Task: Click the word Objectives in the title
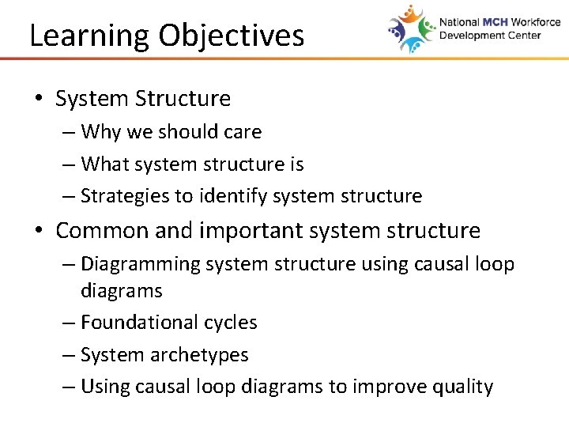pyautogui.click(x=231, y=36)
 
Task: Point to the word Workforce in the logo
pyautogui.click(x=535, y=23)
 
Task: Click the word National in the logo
pyautogui.click(x=459, y=23)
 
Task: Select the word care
pyautogui.click(x=242, y=132)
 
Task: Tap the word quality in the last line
pyautogui.click(x=463, y=387)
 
